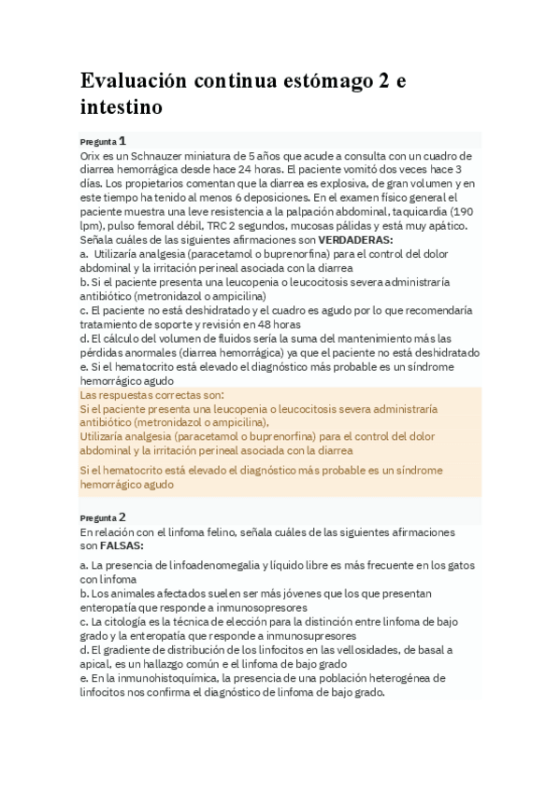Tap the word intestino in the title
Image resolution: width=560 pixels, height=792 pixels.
coord(122,108)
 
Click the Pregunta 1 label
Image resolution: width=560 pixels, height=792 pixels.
coord(102,140)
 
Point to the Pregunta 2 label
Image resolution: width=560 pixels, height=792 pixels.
coord(102,516)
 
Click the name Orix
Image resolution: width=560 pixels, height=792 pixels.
coord(92,155)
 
